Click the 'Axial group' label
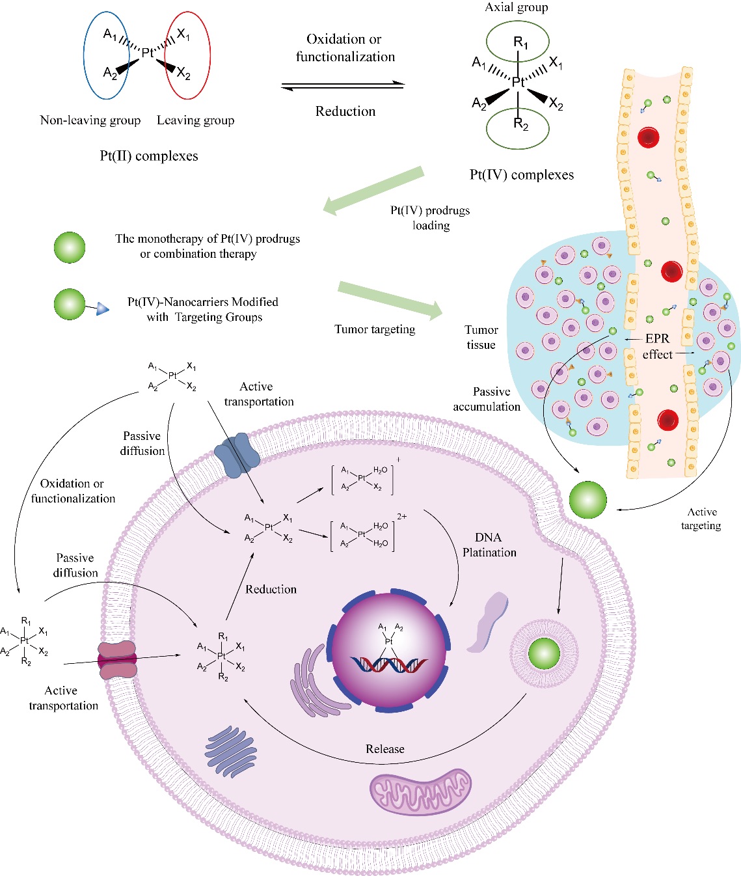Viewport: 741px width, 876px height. (x=517, y=8)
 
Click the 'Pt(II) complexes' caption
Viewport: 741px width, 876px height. (x=149, y=156)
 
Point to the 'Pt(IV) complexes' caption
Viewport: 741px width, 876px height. (x=522, y=175)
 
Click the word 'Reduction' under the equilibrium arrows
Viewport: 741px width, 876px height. (x=345, y=111)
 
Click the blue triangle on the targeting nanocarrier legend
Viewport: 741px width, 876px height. (x=102, y=309)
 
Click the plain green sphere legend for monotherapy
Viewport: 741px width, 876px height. (x=70, y=248)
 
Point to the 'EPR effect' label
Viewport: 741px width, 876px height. (x=657, y=347)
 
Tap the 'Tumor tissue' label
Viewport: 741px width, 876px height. (x=481, y=338)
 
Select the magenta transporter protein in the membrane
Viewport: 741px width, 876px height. (x=117, y=660)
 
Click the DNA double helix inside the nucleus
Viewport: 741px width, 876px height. (x=389, y=664)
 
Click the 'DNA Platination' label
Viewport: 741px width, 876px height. (x=489, y=545)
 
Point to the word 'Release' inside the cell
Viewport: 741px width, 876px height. (x=385, y=749)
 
